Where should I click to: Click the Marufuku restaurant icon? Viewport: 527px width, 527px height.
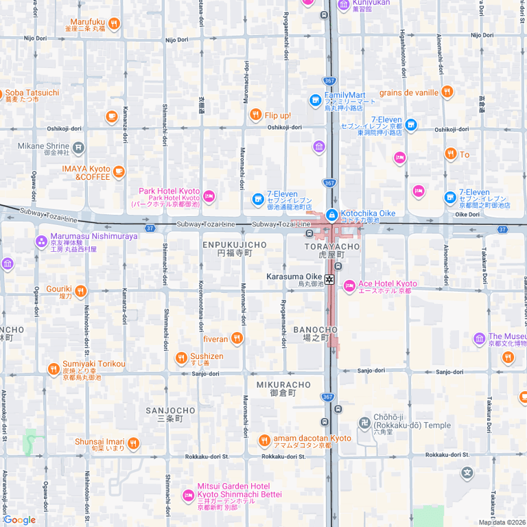click(x=114, y=24)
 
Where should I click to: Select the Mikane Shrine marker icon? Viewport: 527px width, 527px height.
click(x=79, y=146)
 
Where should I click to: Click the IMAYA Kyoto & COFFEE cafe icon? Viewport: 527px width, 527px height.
click(x=119, y=171)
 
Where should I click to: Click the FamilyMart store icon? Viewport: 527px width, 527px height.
click(x=316, y=99)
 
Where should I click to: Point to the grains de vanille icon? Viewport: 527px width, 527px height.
click(x=447, y=92)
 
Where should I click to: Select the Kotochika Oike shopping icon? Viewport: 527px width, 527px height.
click(x=332, y=215)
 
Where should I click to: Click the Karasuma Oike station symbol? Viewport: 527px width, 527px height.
click(x=330, y=279)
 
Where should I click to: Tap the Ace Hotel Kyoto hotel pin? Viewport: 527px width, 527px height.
click(x=349, y=284)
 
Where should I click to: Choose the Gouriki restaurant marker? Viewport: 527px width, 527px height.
click(x=81, y=291)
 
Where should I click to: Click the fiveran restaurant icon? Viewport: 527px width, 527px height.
click(x=237, y=338)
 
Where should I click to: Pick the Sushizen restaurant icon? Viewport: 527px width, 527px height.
click(x=181, y=358)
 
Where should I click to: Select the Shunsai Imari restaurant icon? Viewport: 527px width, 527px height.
click(x=133, y=443)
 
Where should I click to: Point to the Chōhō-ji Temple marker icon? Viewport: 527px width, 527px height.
click(x=364, y=423)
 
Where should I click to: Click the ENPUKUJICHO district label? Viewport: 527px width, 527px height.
click(x=235, y=245)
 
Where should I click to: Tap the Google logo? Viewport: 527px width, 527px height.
click(x=19, y=519)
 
